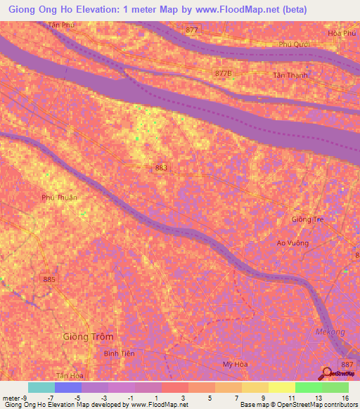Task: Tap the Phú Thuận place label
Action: tap(59, 197)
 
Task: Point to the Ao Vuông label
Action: tap(292, 242)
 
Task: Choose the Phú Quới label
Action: tap(294, 44)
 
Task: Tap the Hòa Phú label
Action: tap(343, 33)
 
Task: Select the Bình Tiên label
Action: tap(117, 354)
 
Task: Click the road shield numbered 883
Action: tap(162, 167)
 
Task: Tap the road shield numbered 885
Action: tap(49, 280)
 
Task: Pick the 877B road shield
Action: tap(222, 73)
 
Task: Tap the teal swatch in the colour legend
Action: tap(41, 387)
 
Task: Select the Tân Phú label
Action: tap(60, 25)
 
